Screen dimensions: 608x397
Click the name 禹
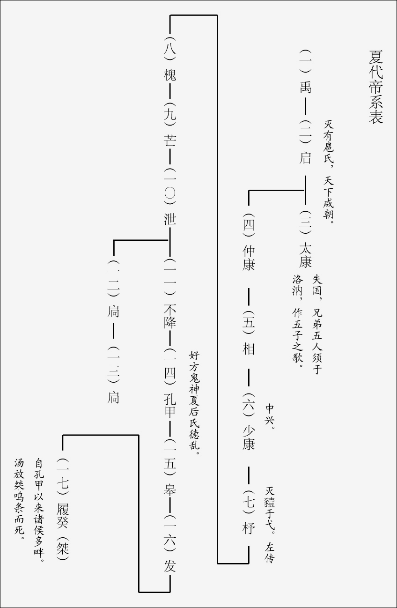point(305,87)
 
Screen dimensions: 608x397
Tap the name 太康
point(305,254)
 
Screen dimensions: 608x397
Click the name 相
point(249,348)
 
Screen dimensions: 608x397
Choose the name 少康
point(249,437)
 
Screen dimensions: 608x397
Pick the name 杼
point(249,528)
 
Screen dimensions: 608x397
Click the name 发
point(170,566)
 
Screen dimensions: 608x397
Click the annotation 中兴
point(270,415)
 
